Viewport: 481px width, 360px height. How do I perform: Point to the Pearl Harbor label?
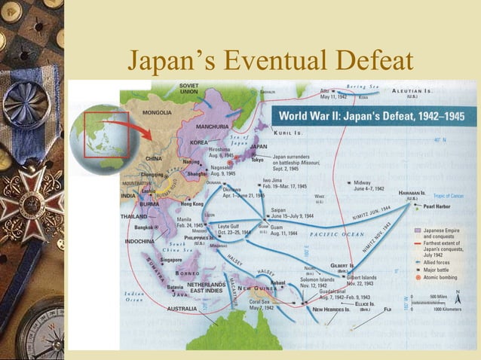coord(438,206)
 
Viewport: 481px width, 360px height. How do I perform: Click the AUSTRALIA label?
coord(182,308)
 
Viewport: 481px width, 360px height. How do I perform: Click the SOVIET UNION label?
coord(189,89)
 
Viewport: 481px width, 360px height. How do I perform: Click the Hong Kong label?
coord(192,204)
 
